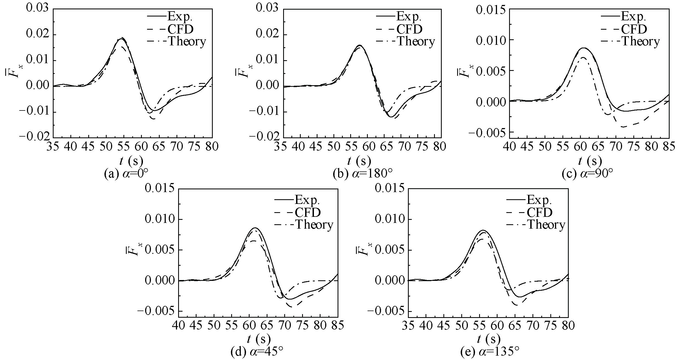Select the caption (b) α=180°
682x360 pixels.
click(363, 174)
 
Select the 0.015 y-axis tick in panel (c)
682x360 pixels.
click(491, 10)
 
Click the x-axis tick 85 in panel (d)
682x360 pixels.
click(338, 326)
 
